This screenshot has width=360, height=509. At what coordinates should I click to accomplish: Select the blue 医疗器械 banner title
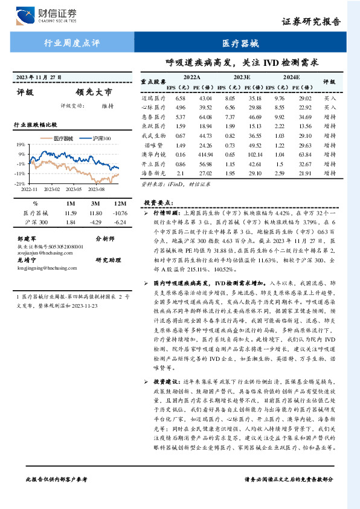pos(240,44)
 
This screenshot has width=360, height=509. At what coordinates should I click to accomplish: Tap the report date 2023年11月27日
pos(40,77)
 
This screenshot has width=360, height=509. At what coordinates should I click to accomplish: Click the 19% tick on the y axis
pos(20,144)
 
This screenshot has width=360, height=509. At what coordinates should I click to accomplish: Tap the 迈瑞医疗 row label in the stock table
pos(153,98)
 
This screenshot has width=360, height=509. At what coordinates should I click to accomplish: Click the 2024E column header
pos(291,78)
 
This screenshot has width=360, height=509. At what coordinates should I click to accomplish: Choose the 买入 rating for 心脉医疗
pos(329,107)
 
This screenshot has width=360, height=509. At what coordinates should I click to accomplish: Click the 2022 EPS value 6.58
pos(180,98)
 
